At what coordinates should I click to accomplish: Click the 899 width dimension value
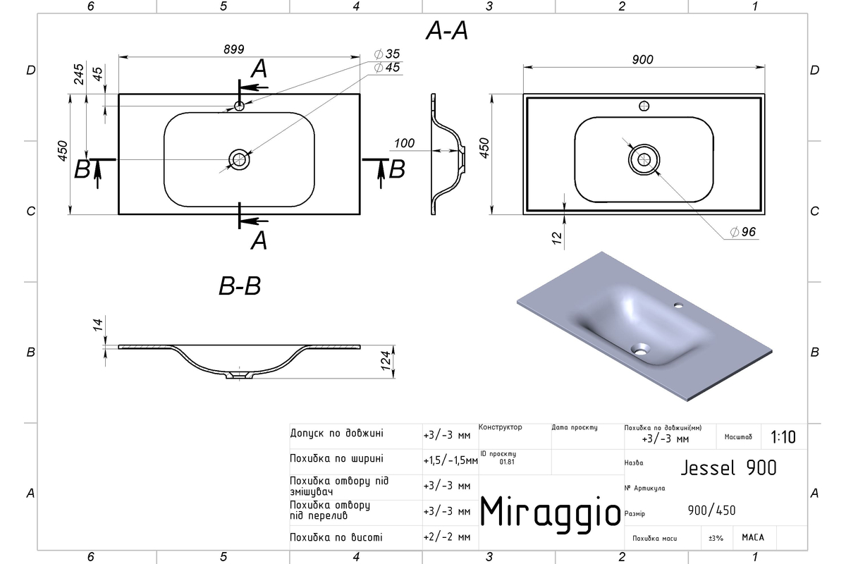tap(234, 49)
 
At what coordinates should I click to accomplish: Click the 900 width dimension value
tap(642, 60)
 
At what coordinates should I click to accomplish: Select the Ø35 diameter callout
tap(387, 54)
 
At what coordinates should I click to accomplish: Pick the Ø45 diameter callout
tap(387, 68)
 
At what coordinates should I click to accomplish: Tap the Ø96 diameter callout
tap(743, 231)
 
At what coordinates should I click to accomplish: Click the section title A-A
tap(447, 30)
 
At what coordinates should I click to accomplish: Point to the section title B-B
tap(240, 286)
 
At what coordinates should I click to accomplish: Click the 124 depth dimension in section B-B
tap(385, 360)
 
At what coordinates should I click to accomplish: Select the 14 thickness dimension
tap(98, 325)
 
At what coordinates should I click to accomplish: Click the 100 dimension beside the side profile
tap(404, 143)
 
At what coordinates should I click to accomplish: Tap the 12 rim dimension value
tap(557, 238)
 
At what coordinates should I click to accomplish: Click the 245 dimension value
tap(79, 74)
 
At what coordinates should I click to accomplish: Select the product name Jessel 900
tap(728, 468)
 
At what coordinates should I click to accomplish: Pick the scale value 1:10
tap(783, 437)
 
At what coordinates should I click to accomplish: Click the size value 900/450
tap(711, 510)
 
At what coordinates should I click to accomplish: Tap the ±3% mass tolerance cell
tap(716, 538)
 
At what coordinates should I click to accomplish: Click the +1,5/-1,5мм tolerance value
tap(450, 460)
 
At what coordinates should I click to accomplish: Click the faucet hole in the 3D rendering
tap(679, 305)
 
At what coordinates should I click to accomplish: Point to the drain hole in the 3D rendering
tap(640, 349)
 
